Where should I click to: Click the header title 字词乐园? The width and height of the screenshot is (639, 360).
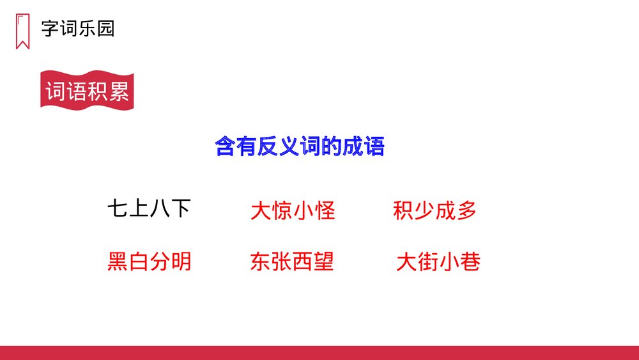[77, 29]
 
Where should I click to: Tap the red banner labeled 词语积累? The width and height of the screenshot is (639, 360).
[87, 91]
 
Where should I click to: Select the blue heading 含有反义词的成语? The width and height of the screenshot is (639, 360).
[300, 147]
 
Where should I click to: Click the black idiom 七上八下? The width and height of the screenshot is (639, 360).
[149, 208]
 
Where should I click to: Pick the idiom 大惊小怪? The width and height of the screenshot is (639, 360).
[293, 211]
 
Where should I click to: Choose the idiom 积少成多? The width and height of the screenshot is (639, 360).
[435, 211]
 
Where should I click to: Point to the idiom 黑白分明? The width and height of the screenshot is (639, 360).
[149, 262]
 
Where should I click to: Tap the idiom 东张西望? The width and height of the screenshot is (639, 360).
[293, 262]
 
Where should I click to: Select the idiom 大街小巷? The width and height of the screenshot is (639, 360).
[438, 262]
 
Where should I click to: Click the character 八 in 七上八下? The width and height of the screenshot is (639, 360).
[160, 208]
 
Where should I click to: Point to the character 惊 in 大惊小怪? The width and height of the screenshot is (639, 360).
[282, 211]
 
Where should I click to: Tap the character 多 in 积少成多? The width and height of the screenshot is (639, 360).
[466, 211]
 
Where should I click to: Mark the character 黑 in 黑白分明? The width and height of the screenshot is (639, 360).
[118, 262]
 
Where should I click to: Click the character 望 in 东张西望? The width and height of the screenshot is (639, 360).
[324, 262]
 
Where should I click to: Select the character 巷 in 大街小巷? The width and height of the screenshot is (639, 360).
[470, 262]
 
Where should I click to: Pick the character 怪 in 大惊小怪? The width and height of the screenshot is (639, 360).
[325, 211]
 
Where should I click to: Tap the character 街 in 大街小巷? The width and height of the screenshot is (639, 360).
[427, 262]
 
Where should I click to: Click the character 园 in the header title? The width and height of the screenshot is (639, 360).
[105, 29]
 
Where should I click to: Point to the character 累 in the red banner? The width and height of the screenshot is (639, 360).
[119, 91]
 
